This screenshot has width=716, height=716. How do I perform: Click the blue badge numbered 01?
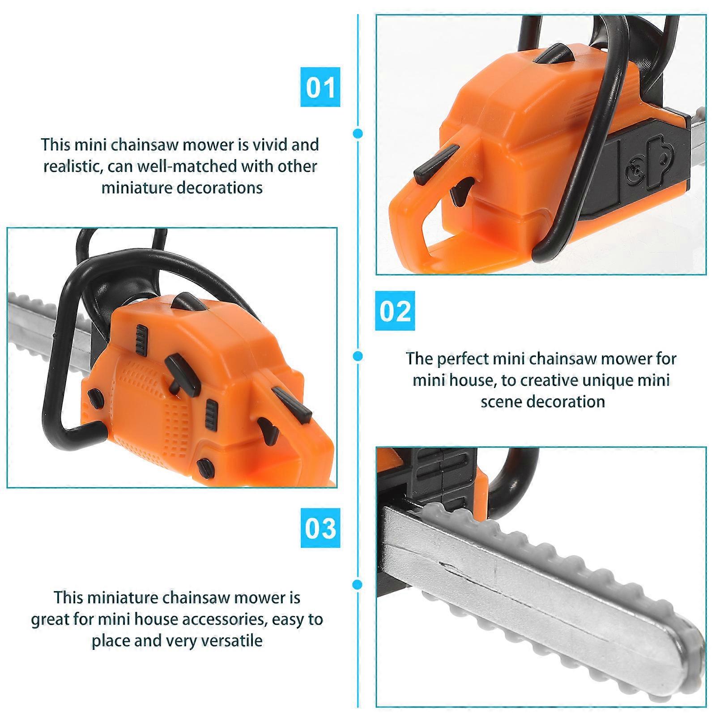[x=320, y=87]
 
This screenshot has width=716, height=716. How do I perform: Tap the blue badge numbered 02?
[x=395, y=311]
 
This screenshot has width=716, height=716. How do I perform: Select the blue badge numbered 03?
[x=320, y=528]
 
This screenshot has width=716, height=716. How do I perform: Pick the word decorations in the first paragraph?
[x=220, y=188]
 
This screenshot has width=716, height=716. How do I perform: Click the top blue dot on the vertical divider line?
[x=358, y=133]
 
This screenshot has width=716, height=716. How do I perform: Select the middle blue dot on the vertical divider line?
[x=358, y=356]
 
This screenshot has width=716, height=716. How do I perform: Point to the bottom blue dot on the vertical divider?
[x=358, y=584]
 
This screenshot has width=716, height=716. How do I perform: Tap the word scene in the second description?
[x=501, y=402]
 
